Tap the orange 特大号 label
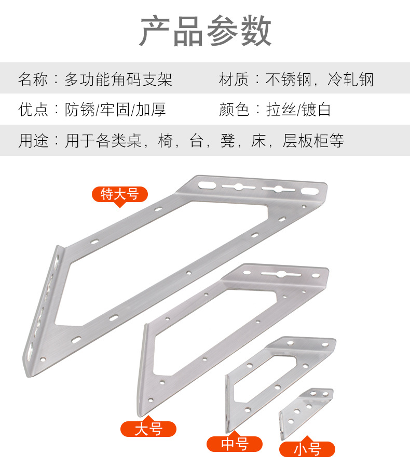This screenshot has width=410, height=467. tap(120, 194)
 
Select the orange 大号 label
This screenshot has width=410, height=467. tap(148, 429)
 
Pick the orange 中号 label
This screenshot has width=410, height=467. tap(235, 444)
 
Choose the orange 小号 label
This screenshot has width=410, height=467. tap(307, 449)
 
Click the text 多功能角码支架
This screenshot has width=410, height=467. tap(118, 79)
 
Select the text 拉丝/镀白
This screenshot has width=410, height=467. tap(298, 110)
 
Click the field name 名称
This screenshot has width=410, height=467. tap(33, 79)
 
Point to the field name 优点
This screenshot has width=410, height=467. tap(33, 110)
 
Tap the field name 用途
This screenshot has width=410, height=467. tap(33, 140)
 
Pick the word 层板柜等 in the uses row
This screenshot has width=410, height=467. tap(313, 140)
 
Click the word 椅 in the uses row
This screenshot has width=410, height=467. tap(165, 140)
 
